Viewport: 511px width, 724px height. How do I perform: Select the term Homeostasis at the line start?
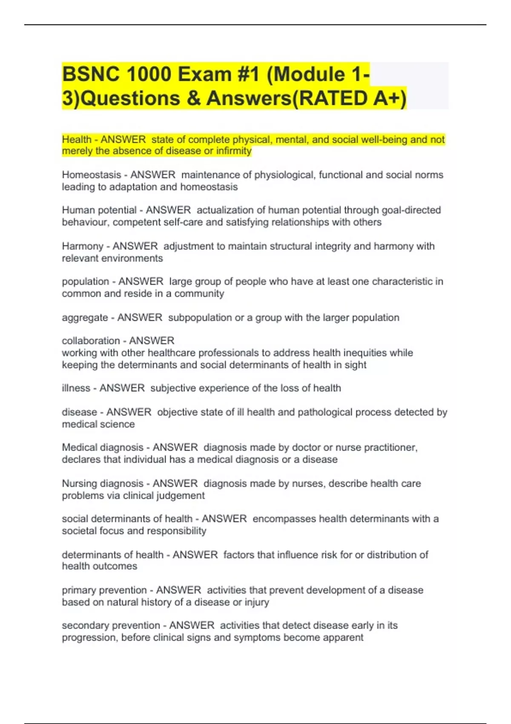(x=91, y=175)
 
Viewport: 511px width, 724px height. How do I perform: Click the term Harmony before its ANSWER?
(x=82, y=246)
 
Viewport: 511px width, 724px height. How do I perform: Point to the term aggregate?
(x=85, y=318)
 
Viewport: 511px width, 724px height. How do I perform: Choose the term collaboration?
(x=91, y=341)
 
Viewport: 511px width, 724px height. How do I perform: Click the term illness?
(x=76, y=388)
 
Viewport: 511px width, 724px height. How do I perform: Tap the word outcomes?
(x=118, y=566)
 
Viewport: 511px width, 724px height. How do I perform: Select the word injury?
(x=257, y=603)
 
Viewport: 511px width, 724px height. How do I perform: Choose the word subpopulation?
(x=197, y=318)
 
